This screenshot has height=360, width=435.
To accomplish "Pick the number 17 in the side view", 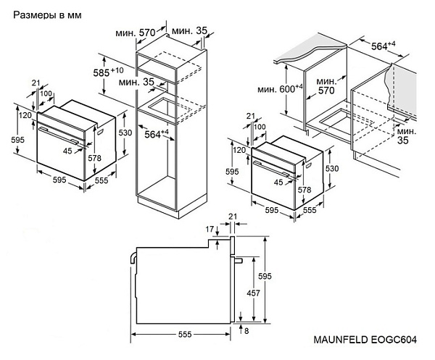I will tap(210, 229).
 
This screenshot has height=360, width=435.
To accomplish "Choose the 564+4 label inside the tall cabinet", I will tap(154, 133).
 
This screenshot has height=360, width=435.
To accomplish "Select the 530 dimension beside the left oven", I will tap(125, 133).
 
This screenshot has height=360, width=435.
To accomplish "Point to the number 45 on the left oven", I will tap(67, 151).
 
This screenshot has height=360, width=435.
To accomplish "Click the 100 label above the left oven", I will tap(46, 94).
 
